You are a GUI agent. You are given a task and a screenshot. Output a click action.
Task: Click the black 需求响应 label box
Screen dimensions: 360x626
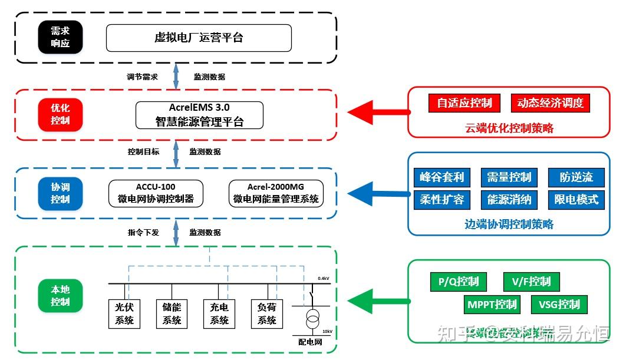point(60,38)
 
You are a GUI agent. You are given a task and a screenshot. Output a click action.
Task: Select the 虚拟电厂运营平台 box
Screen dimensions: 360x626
point(199,38)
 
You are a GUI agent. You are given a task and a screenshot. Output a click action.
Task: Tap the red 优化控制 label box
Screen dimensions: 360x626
point(60,114)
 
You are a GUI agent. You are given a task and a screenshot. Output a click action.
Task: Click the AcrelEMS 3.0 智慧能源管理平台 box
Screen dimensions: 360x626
point(199,115)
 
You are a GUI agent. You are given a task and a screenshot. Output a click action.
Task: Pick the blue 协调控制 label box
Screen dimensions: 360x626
point(60,193)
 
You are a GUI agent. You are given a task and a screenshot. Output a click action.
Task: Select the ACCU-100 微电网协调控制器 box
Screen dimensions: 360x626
point(156,193)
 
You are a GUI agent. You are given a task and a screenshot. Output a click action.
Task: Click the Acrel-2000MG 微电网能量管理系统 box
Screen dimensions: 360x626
point(276,193)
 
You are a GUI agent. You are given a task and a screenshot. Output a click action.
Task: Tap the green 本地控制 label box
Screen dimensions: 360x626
point(60,296)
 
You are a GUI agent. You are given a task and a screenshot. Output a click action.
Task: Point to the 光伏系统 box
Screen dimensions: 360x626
point(124,313)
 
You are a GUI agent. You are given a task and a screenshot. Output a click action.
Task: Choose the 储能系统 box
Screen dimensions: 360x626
point(172,313)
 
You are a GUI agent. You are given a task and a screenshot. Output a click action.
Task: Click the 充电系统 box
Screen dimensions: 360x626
point(219,313)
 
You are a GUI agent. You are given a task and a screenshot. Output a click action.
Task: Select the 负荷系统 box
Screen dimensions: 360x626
point(266,313)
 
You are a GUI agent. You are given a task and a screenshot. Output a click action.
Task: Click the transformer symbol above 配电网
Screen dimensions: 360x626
point(312,321)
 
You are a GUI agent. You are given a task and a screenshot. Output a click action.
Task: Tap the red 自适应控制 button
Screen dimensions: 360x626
point(464,103)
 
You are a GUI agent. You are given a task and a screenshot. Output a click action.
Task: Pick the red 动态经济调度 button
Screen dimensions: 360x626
point(550,103)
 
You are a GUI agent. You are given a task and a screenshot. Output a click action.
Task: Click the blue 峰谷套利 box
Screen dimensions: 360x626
point(442,177)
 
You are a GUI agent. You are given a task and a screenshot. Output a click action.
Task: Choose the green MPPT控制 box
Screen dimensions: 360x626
point(492,305)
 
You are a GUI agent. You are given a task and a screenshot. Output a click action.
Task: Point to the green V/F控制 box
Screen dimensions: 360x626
point(531,282)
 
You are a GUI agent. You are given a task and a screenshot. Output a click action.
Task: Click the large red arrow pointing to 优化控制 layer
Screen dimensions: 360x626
point(377,111)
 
